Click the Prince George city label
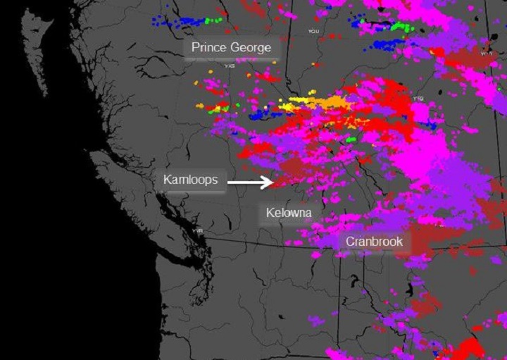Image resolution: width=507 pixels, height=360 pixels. coord(231,48)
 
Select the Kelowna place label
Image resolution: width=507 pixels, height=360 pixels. coord(289,213)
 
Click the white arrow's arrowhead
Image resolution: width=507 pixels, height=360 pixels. coord(270,182)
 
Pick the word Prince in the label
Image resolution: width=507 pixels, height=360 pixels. coord(209,48)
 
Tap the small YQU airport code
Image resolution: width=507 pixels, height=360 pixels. coord(313,31)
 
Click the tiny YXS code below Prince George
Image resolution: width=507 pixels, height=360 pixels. coord(229,66)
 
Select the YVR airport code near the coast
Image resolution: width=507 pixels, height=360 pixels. coord(199,230)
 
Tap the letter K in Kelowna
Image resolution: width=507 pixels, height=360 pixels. coord(270,213)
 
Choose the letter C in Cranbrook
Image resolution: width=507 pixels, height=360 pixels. coord(349,242)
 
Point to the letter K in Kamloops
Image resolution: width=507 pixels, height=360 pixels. coord(167,180)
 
